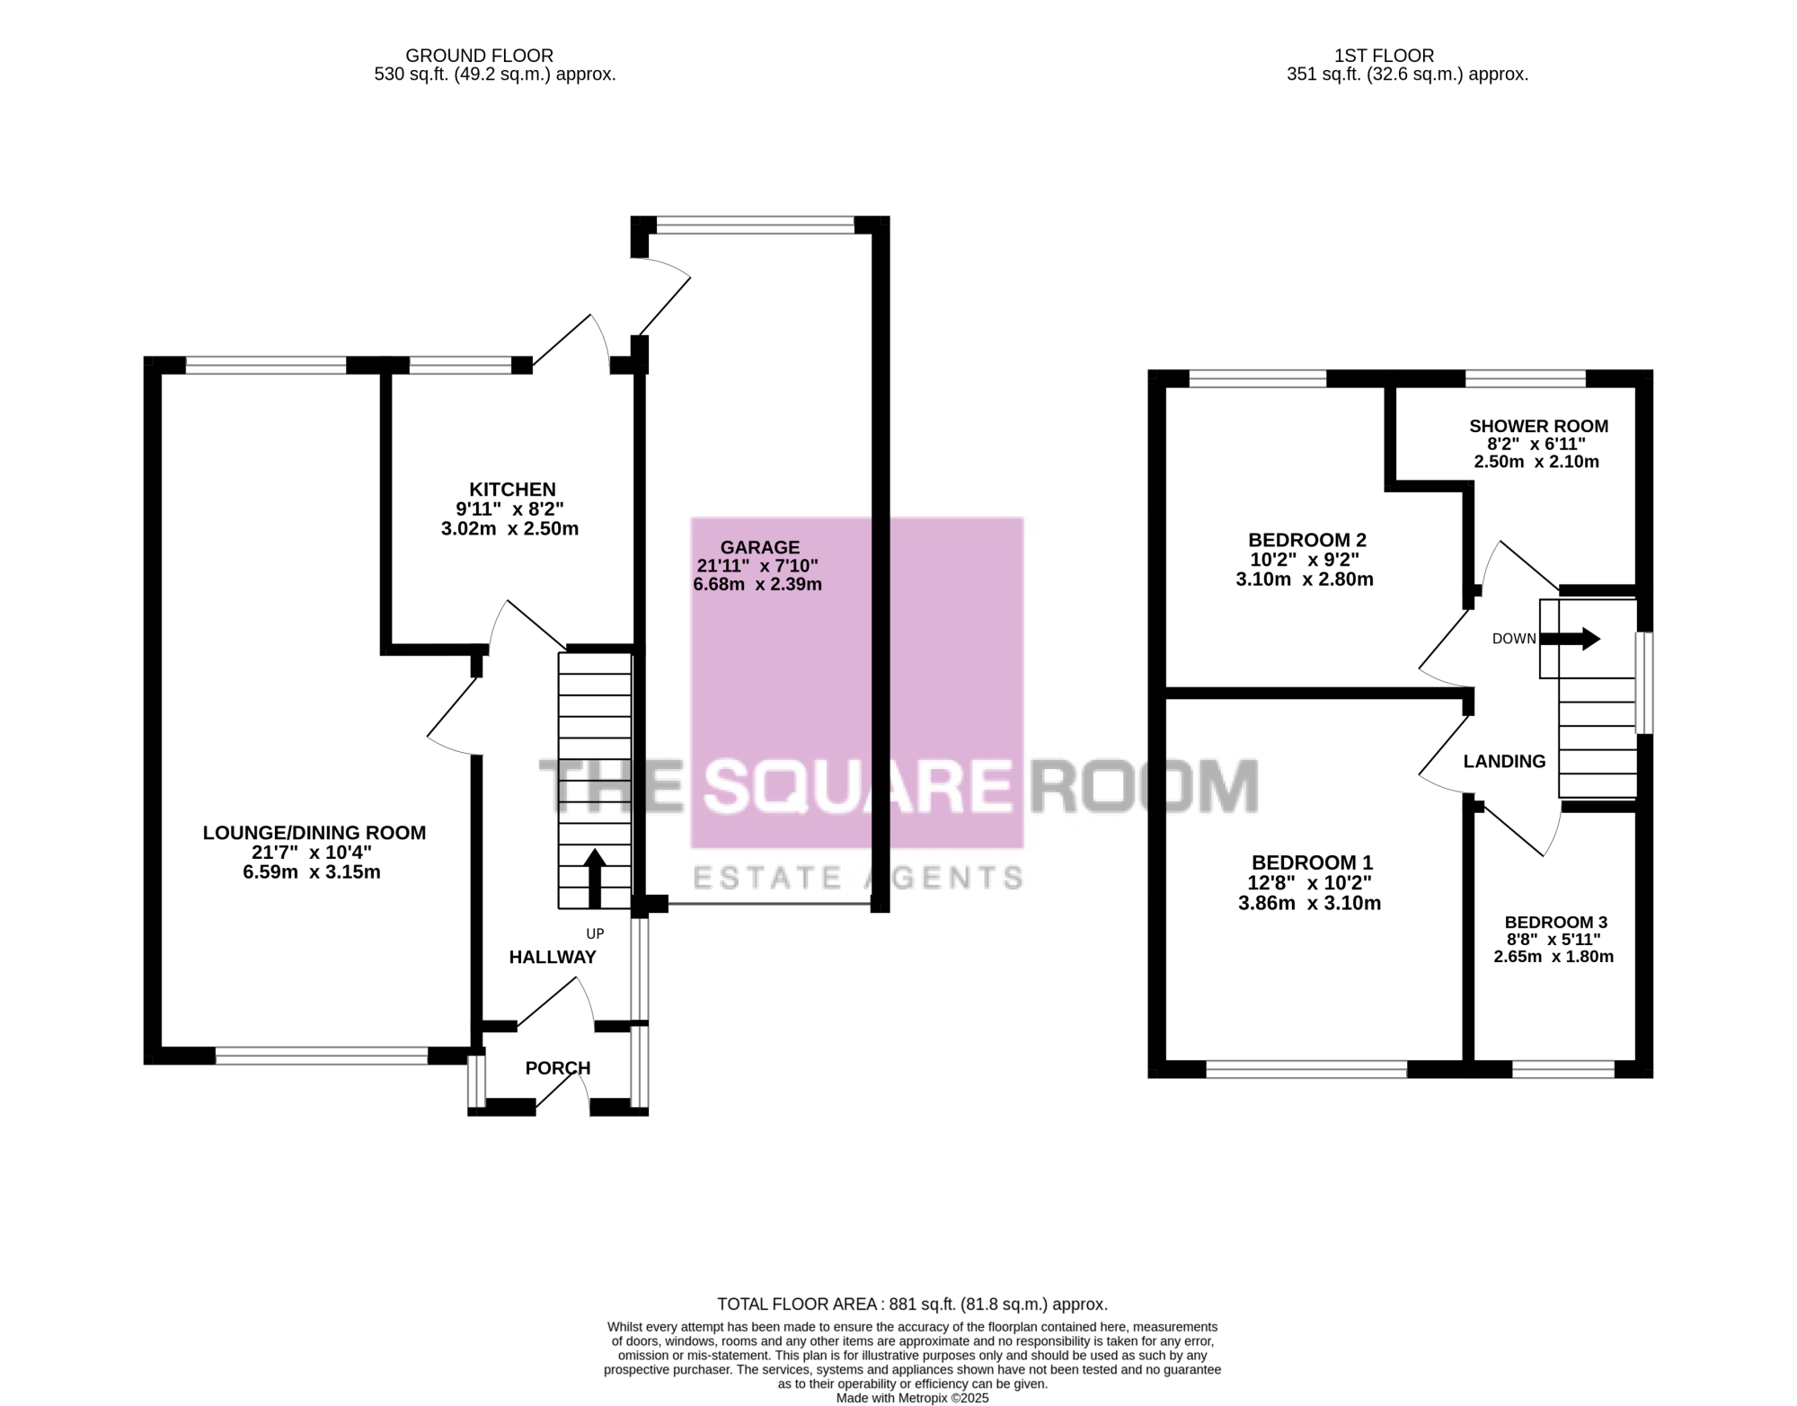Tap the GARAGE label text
[760, 547]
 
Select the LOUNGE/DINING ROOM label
[314, 833]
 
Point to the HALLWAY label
[553, 957]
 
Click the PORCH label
[558, 1067]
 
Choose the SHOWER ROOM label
[1538, 426]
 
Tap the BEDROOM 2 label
[1307, 540]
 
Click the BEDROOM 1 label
[1312, 862]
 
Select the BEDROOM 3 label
[1556, 922]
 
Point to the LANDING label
[1505, 761]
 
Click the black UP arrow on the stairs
[595, 879]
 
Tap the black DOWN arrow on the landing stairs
[1571, 639]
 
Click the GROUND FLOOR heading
[479, 56]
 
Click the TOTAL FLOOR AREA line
[912, 1304]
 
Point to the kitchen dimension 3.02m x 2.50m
[509, 528]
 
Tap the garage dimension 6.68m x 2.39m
[757, 584]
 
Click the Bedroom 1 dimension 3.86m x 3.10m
[1310, 903]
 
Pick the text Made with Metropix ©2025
[912, 1399]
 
